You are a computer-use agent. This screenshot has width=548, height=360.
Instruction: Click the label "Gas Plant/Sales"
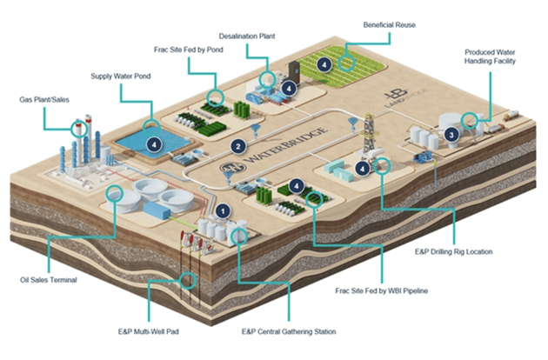44,100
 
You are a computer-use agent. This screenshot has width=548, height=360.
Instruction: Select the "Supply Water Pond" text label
121,77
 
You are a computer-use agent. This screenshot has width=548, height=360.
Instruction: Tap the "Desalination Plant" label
247,36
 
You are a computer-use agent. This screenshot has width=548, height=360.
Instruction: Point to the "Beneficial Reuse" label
390,25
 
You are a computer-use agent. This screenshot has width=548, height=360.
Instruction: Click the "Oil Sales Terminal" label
48,280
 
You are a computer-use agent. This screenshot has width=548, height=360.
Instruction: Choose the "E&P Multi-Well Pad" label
149,331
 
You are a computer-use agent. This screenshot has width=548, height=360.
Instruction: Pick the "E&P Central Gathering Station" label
289,331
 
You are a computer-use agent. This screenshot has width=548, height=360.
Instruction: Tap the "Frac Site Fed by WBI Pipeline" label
381,290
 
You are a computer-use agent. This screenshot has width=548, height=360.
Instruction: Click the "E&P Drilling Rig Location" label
454,251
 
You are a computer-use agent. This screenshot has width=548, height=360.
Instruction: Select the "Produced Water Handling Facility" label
490,57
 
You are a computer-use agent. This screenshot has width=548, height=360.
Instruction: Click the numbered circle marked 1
223,211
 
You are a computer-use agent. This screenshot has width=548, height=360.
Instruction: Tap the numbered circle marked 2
238,146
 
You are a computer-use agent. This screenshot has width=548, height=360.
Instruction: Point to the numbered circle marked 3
451,135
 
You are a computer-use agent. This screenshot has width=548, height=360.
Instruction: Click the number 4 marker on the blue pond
154,144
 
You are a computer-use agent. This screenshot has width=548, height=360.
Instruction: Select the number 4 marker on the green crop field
324,64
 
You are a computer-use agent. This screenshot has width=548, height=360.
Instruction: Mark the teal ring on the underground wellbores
188,280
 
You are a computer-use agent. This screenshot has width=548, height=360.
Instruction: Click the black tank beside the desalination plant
294,70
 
